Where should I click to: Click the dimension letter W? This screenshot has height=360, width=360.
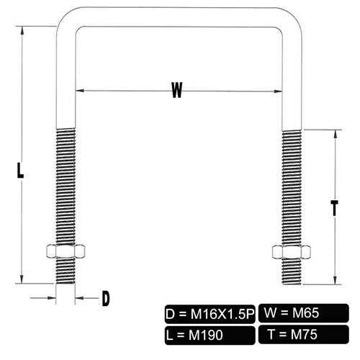pos(177,90)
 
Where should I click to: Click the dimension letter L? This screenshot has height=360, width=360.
pos(20,170)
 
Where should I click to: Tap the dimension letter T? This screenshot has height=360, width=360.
pos(334,208)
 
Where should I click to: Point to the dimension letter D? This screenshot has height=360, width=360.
pos(106,298)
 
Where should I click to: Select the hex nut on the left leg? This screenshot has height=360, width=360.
pos(66,251)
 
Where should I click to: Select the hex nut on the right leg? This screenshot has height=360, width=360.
pos(292,252)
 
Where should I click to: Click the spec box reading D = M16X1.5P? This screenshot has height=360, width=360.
pos(210,314)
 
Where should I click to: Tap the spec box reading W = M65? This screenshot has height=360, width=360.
pos(304,313)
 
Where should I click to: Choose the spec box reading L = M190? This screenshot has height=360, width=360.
pos(210,336)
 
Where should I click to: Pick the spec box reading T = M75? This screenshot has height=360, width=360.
pos(304,334)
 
